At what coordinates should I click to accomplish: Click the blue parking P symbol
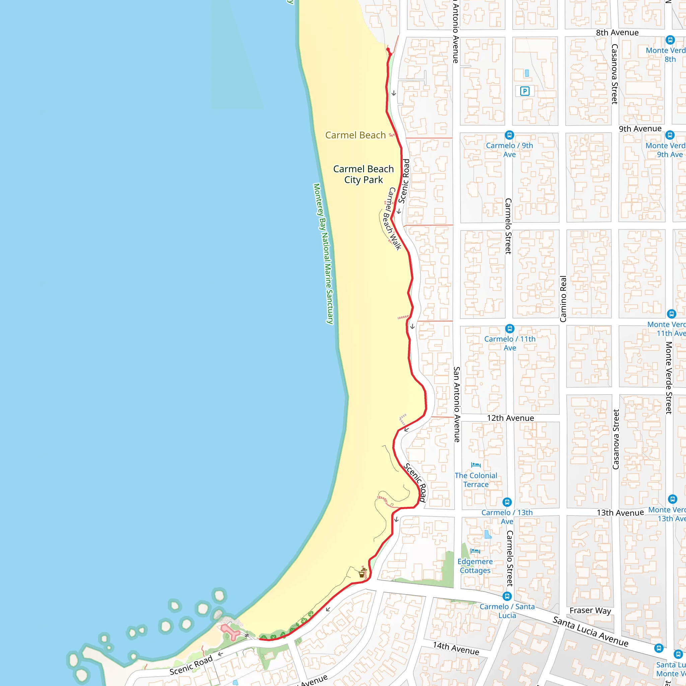pyautogui.click(x=525, y=91)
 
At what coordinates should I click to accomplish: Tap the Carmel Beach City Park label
pyautogui.click(x=363, y=174)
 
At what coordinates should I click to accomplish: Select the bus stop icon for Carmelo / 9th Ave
pyautogui.click(x=509, y=135)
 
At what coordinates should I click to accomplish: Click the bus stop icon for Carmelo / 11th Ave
pyautogui.click(x=509, y=329)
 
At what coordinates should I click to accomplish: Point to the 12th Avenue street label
pyautogui.click(x=510, y=418)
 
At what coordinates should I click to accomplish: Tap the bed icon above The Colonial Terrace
pyautogui.click(x=475, y=465)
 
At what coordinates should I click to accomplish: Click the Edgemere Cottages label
pyautogui.click(x=475, y=566)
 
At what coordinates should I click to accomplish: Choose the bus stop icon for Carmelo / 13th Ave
pyautogui.click(x=507, y=502)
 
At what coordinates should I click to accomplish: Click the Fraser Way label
pyautogui.click(x=590, y=610)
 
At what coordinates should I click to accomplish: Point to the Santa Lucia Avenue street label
pyautogui.click(x=591, y=632)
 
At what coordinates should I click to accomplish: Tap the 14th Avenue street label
pyautogui.click(x=456, y=648)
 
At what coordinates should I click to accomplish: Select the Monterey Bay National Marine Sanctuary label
pyautogui.click(x=323, y=254)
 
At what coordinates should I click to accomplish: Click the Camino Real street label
pyautogui.click(x=563, y=299)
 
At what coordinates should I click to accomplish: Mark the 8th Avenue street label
pyautogui.click(x=617, y=33)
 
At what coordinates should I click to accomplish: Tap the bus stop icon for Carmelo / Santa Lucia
pyautogui.click(x=507, y=596)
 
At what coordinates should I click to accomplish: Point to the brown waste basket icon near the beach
pyautogui.click(x=362, y=574)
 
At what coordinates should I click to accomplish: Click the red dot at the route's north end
pyautogui.click(x=388, y=49)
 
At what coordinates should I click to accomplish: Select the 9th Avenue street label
pyautogui.click(x=640, y=129)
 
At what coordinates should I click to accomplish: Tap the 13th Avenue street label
pyautogui.click(x=620, y=513)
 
